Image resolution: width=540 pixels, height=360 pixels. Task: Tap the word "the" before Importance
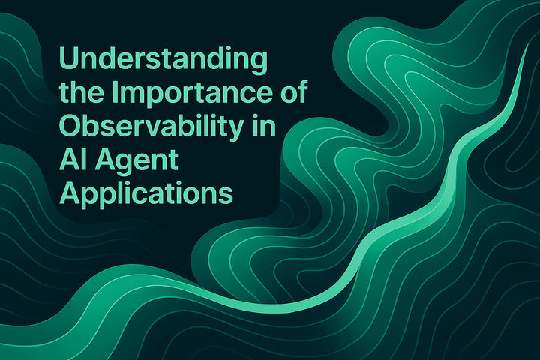79,93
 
